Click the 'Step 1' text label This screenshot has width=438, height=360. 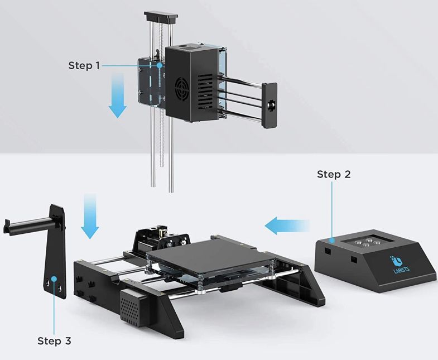(x=84, y=65)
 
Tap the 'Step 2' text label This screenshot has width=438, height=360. (x=334, y=174)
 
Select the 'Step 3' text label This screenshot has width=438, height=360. (x=54, y=340)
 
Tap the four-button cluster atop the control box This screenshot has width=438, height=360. (x=364, y=243)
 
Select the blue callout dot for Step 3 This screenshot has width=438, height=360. (x=54, y=277)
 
